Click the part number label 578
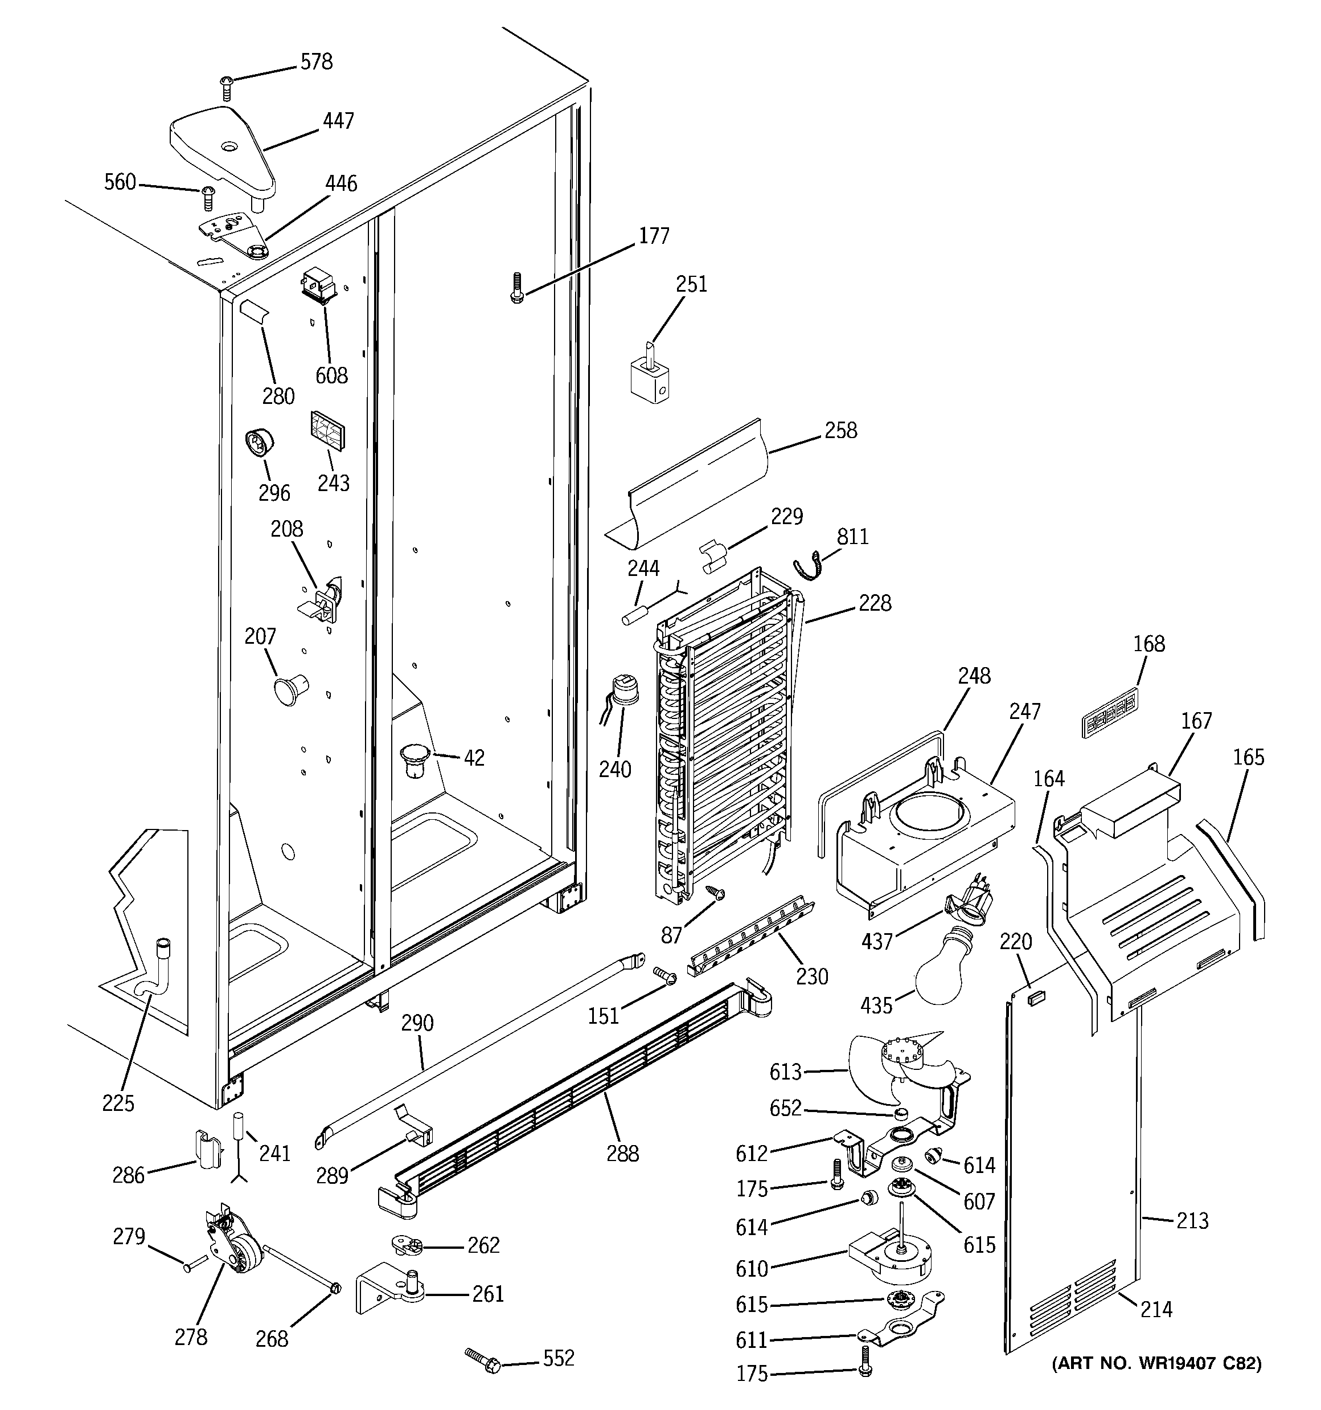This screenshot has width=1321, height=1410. [x=316, y=63]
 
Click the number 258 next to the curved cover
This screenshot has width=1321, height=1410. [x=840, y=431]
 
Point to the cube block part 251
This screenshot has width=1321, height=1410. [x=650, y=380]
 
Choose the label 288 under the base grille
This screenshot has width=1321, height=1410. [x=622, y=1154]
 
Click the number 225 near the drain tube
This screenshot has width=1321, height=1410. [x=118, y=1103]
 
